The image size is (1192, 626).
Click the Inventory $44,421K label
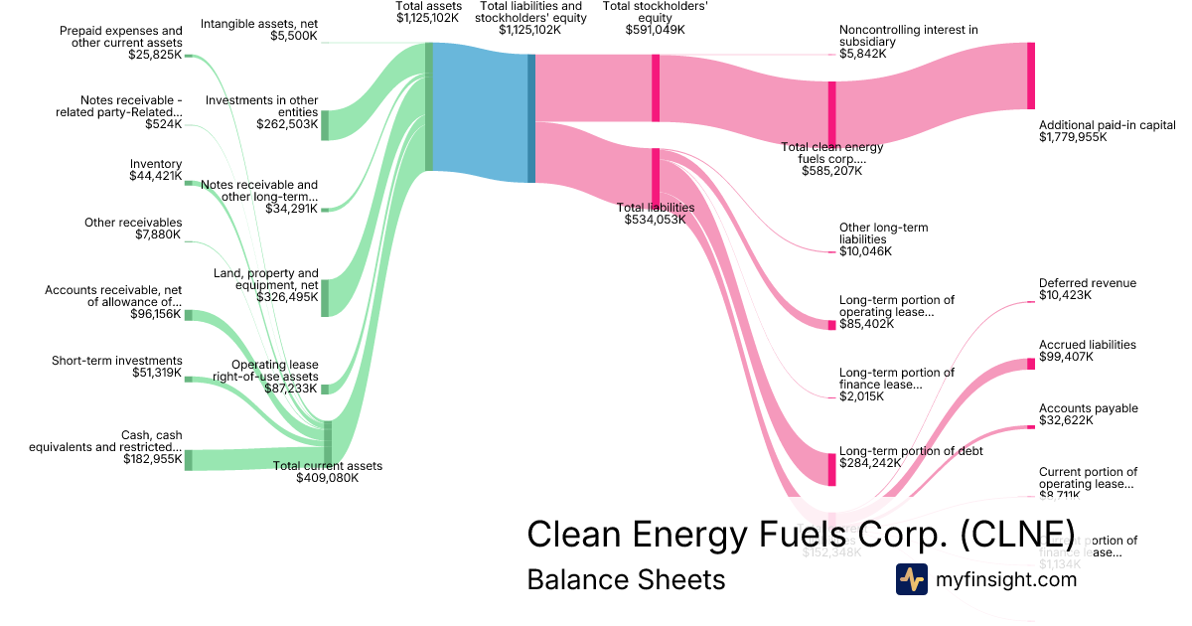click(x=155, y=170)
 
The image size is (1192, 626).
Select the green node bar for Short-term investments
click(x=188, y=379)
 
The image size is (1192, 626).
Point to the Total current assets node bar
click(x=328, y=442)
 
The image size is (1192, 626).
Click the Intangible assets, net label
click(x=259, y=29)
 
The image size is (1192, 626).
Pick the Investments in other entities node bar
click(x=324, y=125)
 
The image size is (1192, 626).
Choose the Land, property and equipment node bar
click(x=324, y=297)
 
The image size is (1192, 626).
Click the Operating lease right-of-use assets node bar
click(x=324, y=388)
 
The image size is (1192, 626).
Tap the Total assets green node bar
click(x=428, y=106)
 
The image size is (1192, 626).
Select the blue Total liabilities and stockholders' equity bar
click(x=531, y=118)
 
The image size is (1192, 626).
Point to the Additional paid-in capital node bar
click(x=1031, y=76)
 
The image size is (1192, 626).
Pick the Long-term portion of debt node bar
click(x=832, y=469)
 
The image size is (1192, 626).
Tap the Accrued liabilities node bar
click(x=1031, y=364)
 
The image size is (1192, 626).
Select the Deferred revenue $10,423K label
click(x=1087, y=289)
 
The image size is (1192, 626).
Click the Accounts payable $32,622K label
click(x=1088, y=414)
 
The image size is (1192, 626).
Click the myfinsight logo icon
click(x=911, y=579)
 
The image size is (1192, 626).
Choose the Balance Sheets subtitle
click(x=626, y=579)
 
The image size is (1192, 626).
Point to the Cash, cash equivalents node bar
click(x=188, y=460)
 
